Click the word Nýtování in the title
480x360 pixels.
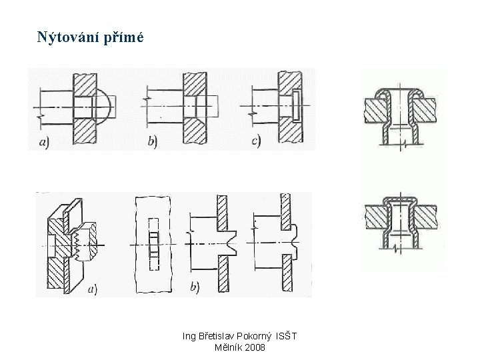[69, 37]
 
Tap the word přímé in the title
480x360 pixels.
[124, 37]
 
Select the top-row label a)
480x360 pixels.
[44, 142]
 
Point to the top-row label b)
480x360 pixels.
[153, 142]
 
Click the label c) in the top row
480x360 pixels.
[256, 141]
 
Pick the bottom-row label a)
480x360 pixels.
[91, 289]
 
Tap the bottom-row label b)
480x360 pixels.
[195, 287]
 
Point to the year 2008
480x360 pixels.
[255, 348]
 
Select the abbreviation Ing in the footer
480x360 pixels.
[190, 337]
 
